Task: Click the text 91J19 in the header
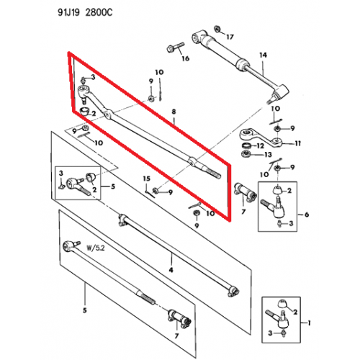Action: pyautogui.click(x=80, y=13)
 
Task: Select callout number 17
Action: pyautogui.click(x=230, y=36)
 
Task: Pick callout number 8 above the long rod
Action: pyautogui.click(x=173, y=112)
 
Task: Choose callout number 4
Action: pyautogui.click(x=171, y=269)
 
